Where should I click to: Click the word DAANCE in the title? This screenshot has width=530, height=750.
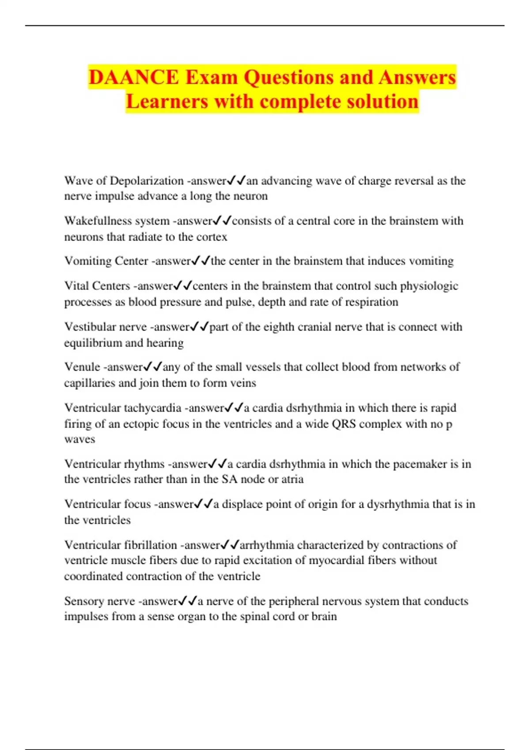pyautogui.click(x=134, y=78)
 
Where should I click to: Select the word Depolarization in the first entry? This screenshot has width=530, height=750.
pyautogui.click(x=147, y=181)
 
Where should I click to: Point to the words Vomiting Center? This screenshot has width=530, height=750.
pyautogui.click(x=106, y=261)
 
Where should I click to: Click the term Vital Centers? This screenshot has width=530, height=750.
pyautogui.click(x=97, y=286)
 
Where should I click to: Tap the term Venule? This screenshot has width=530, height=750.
pyautogui.click(x=82, y=367)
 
